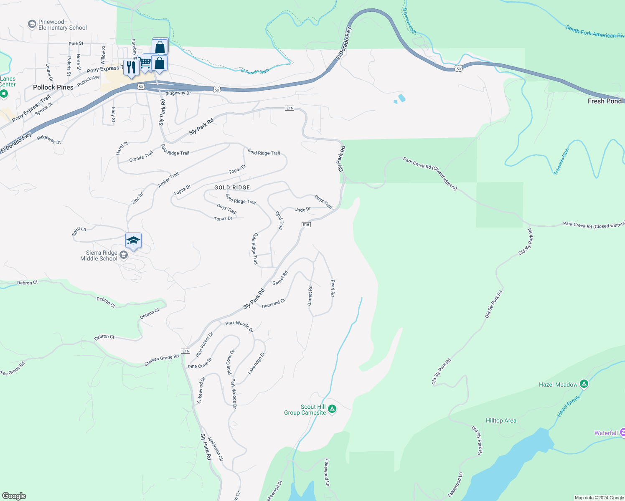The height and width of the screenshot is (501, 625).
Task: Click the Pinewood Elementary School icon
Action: click(32, 25)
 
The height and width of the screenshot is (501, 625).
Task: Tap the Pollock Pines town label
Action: click(53, 87)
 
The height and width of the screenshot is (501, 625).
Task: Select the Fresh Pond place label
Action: click(605, 101)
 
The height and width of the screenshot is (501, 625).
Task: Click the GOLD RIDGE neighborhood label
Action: click(232, 187)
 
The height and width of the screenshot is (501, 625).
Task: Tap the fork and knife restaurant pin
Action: click(131, 67)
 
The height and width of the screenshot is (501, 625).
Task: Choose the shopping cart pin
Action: click(145, 63)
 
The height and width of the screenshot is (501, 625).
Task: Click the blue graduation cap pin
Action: click(133, 241)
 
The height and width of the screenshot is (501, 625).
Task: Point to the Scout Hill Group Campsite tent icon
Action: click(332, 409)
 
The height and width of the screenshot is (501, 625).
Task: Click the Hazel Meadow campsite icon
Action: click(584, 384)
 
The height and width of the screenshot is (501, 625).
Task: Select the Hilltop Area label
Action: click(501, 420)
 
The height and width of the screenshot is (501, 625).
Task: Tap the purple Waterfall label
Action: click(606, 433)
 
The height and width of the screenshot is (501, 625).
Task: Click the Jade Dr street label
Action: click(303, 209)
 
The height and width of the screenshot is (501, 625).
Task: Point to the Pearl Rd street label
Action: click(333, 288)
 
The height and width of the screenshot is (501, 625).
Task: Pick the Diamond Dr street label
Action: click(273, 304)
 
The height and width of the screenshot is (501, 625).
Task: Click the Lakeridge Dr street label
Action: click(257, 363)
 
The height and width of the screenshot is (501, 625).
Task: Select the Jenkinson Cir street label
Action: click(215, 448)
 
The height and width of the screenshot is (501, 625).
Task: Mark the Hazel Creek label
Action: click(569, 406)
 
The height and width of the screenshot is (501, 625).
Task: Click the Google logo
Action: click(14, 496)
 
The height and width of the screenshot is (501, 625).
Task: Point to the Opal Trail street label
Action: click(279, 220)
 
